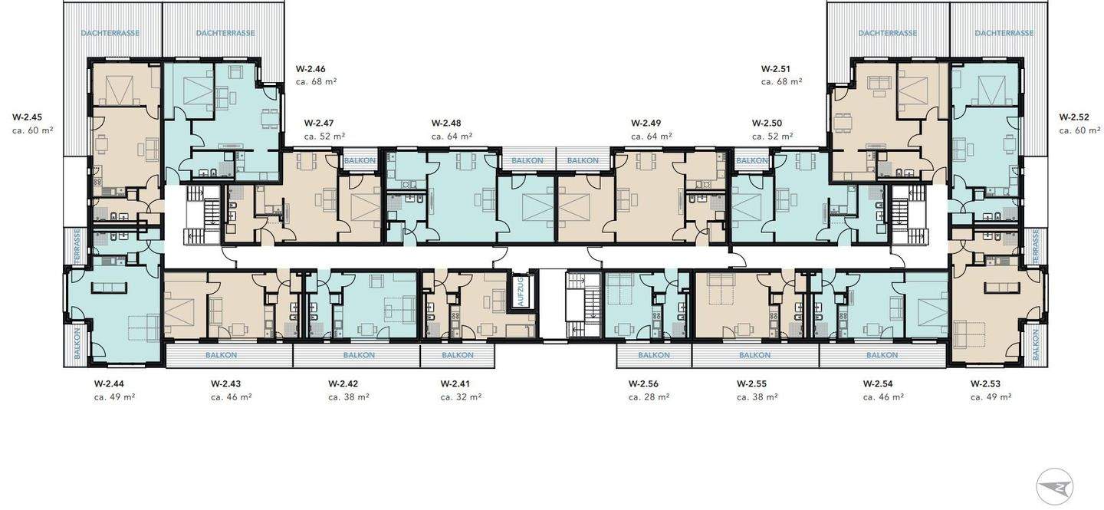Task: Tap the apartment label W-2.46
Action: [x=310, y=69]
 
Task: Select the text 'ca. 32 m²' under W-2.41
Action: [x=462, y=396]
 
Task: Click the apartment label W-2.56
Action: [x=643, y=383]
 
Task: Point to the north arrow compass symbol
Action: [x=1055, y=487]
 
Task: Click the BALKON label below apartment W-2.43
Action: [x=222, y=355]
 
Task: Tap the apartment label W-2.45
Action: [x=27, y=117]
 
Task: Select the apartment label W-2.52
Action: [x=1074, y=117]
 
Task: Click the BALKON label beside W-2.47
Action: [x=360, y=161]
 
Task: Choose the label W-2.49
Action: [x=646, y=123]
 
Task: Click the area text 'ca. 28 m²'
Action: [x=649, y=396]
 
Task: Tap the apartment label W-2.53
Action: [x=986, y=383]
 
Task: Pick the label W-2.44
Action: [x=109, y=383]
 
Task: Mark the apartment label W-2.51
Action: [x=776, y=69]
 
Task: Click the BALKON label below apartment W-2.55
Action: [x=754, y=355]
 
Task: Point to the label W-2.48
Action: [x=446, y=123]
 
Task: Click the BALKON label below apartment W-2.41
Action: [x=458, y=355]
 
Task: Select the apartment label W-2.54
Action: [x=879, y=383]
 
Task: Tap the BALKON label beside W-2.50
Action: [x=752, y=161]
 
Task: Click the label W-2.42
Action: [x=343, y=383]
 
